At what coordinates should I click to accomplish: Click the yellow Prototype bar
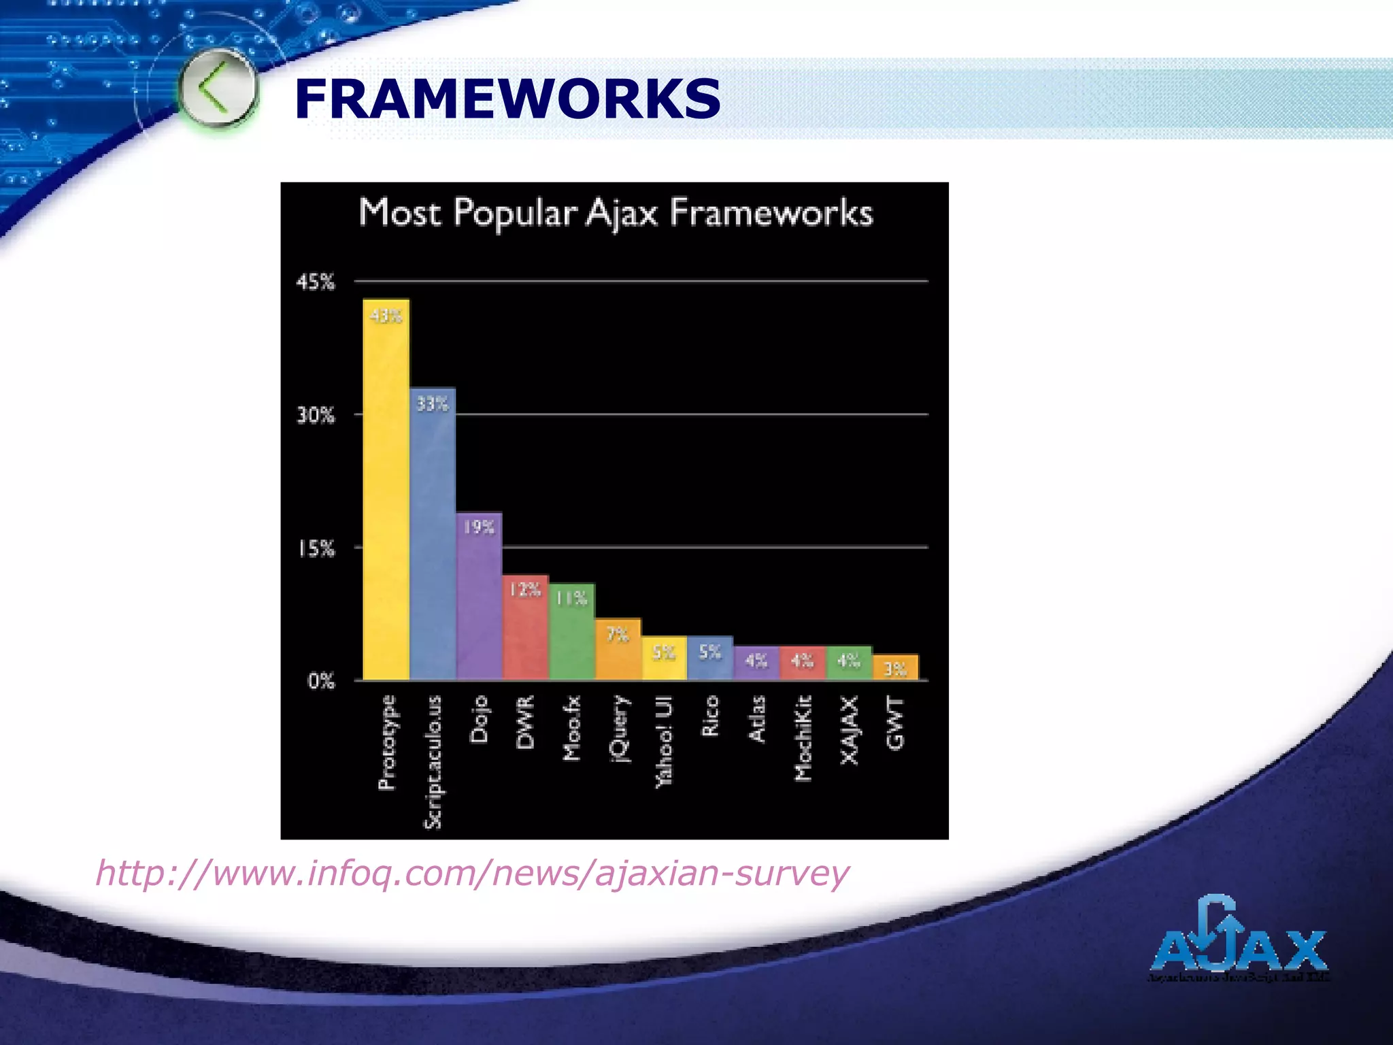(386, 490)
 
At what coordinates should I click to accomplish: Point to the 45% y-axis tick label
(316, 282)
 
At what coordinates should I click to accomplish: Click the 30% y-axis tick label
(316, 415)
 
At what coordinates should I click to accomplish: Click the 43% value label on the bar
(386, 316)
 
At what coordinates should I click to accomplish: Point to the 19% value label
(479, 527)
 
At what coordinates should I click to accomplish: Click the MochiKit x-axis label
(803, 738)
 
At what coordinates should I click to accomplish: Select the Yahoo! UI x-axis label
(664, 742)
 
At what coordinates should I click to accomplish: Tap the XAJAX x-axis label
(850, 730)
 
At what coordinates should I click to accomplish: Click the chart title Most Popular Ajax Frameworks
(616, 213)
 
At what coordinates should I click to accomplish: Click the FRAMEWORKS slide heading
(507, 99)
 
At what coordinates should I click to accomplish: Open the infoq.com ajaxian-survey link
(472, 873)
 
